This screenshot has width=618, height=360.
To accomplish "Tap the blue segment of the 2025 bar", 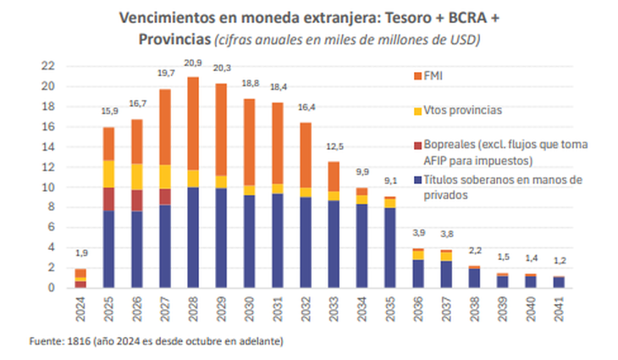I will pyautogui.click(x=108, y=249).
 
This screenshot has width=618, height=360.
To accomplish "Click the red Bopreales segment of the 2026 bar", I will pyautogui.click(x=137, y=200).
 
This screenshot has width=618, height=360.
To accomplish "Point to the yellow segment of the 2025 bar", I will pyautogui.click(x=108, y=174).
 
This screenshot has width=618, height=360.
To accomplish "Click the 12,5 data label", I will pyautogui.click(x=334, y=150).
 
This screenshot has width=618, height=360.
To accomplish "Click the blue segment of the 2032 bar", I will pyautogui.click(x=306, y=242).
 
